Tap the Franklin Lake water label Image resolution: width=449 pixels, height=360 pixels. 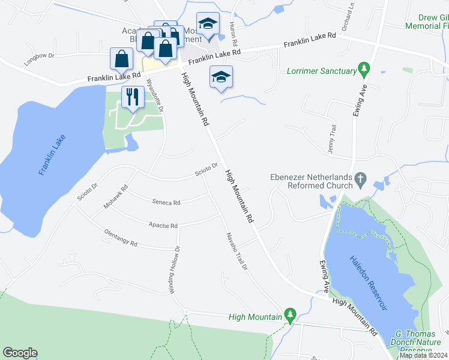(51, 155)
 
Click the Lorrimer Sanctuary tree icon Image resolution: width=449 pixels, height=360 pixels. (363, 70)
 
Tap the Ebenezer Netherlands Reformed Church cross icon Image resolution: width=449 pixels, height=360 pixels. (360, 178)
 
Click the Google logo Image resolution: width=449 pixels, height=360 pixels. (20, 353)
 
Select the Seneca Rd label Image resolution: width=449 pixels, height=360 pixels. (166, 203)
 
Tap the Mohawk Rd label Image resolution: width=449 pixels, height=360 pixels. (116, 196)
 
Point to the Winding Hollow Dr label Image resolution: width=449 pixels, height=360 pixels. (175, 269)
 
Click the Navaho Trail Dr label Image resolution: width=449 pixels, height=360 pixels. (236, 251)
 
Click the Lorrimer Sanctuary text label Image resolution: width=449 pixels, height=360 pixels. (322, 71)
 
